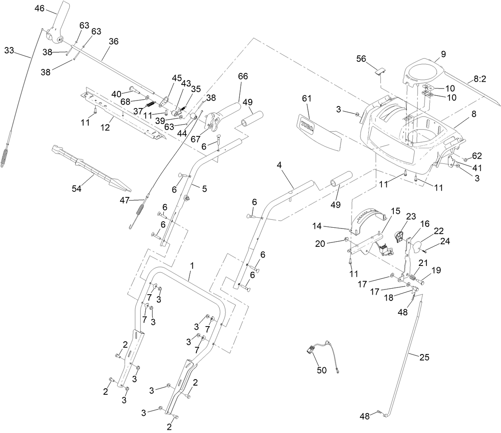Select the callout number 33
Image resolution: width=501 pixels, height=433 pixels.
[x=9, y=50]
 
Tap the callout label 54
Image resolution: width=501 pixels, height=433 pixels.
[x=76, y=189]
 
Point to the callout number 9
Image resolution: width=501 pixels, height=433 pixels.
[x=443, y=54]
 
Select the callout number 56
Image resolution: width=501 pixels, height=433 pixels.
[x=361, y=59]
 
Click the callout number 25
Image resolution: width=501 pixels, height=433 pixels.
[x=425, y=357]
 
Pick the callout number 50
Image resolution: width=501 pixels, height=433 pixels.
[x=321, y=370]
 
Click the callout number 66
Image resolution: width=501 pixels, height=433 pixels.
[x=243, y=76]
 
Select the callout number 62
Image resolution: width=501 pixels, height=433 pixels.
[x=477, y=155]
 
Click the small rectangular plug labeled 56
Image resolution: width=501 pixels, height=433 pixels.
[x=380, y=71]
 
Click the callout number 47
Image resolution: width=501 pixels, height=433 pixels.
[x=125, y=201]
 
